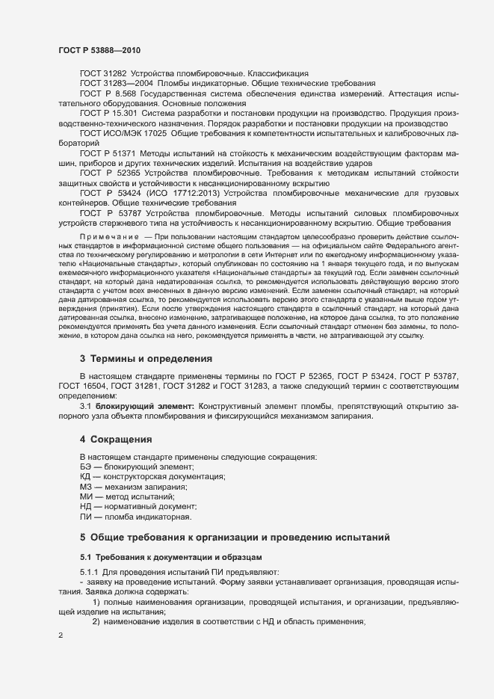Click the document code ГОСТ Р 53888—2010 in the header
99,50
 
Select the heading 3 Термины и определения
146,358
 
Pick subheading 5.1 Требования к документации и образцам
170,558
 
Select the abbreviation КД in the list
85,476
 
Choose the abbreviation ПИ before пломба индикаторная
85,516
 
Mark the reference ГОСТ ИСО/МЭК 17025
125,132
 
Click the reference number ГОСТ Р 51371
108,153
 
